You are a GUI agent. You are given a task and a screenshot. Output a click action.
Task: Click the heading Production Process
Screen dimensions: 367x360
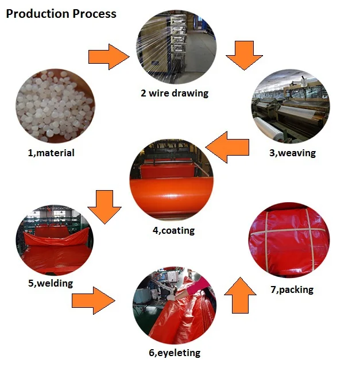pos(61,14)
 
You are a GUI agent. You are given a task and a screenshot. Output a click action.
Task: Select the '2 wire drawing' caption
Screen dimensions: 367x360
pos(175,92)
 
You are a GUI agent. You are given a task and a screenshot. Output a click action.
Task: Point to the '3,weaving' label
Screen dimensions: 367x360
pos(292,153)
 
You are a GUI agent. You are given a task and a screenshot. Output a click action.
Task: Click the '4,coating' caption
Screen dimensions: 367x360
pos(173,230)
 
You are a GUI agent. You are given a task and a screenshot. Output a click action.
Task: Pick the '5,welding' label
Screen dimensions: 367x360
pos(51,283)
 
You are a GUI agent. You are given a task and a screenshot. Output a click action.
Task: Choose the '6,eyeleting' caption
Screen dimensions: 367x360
pos(175,353)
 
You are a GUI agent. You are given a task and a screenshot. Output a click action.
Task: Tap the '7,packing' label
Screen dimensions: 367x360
pos(292,289)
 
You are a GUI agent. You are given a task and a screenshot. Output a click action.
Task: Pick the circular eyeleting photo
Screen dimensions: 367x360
pos(174,307)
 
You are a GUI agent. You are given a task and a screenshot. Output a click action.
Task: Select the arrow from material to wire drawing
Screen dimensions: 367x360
pos(109,56)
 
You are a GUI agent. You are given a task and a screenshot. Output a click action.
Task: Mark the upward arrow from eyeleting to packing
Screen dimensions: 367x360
pos(239,293)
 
